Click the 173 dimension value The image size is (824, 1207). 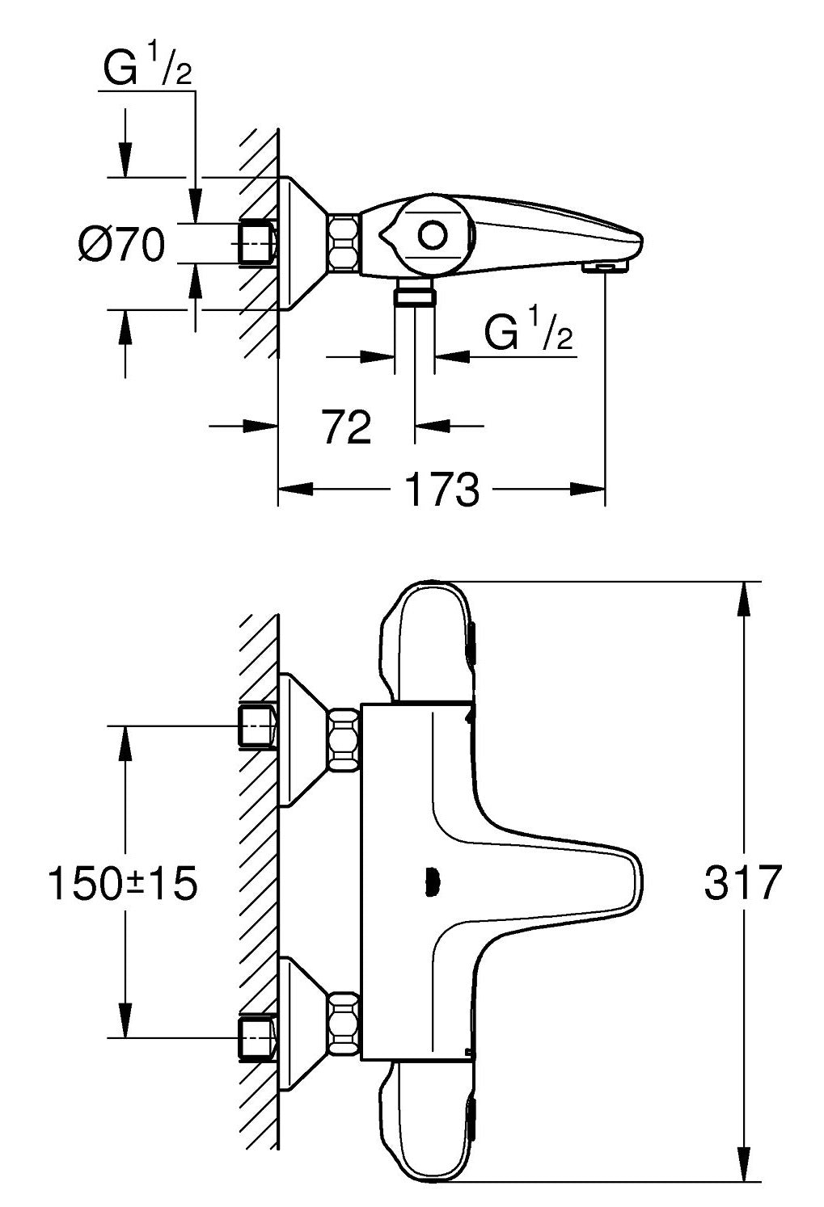[x=441, y=490]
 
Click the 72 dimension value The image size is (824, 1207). [x=347, y=427]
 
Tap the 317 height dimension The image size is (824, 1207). [x=742, y=883]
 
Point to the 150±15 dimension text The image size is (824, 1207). [x=122, y=884]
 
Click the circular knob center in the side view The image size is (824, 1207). [x=432, y=236]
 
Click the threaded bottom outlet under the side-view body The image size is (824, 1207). [x=414, y=296]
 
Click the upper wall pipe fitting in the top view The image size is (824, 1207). [x=257, y=725]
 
